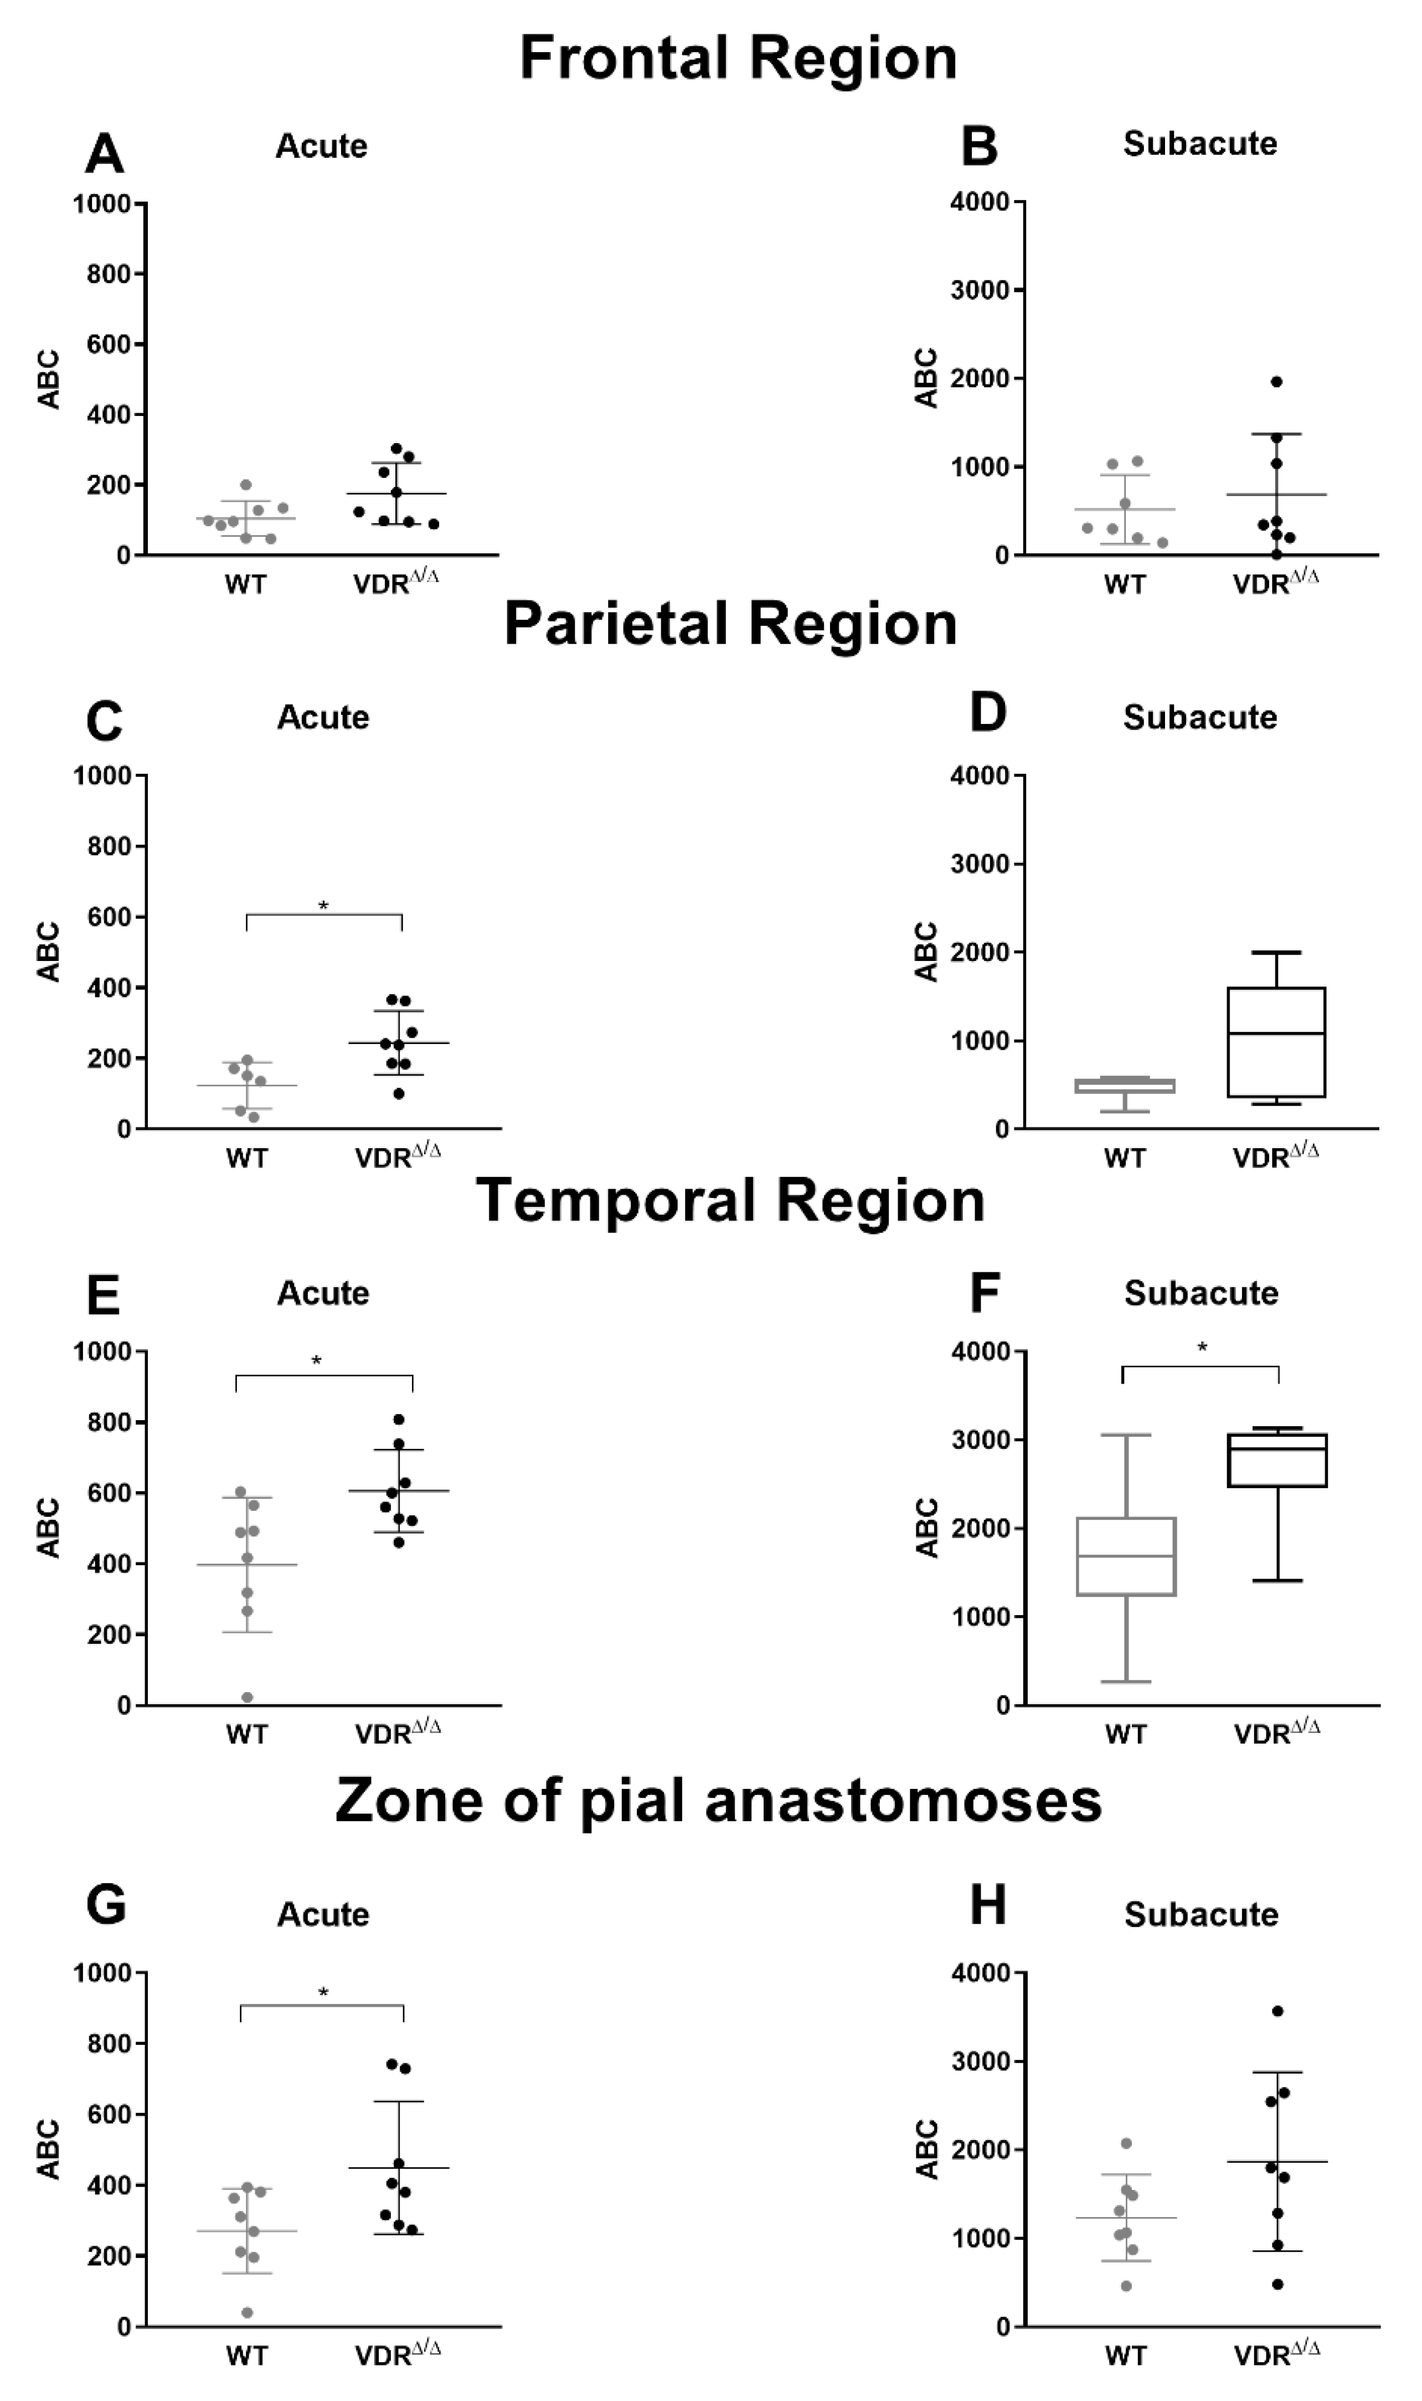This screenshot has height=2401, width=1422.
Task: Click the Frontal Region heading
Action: pyautogui.click(x=738, y=58)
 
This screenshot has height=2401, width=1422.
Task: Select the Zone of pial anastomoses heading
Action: pyautogui.click(x=719, y=1800)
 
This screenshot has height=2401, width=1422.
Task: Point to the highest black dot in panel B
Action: pyautogui.click(x=1276, y=382)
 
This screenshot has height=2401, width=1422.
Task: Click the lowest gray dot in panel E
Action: pyautogui.click(x=247, y=1698)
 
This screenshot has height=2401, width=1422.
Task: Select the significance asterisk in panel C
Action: pyautogui.click(x=323, y=905)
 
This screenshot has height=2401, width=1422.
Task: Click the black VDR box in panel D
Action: pyautogui.click(x=1276, y=1042)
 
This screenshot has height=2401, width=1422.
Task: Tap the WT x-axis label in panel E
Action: pyautogui.click(x=246, y=1734)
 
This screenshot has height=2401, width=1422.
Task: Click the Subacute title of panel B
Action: pyautogui.click(x=1200, y=144)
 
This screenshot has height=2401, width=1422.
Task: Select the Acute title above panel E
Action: pyautogui.click(x=323, y=1293)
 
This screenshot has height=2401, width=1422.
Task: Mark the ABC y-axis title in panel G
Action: pyautogui.click(x=49, y=2150)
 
